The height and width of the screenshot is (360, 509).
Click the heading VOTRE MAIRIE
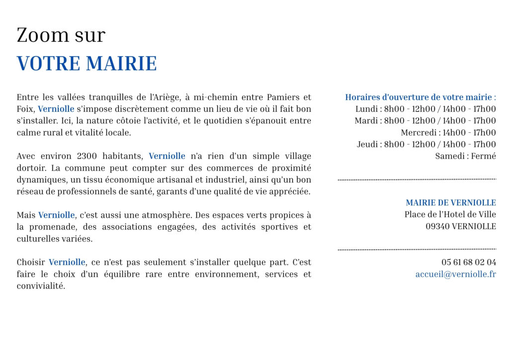86,64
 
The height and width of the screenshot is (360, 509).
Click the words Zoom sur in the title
61,35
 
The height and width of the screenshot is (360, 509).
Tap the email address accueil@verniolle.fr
455,274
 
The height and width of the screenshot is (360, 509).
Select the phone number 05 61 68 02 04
468,262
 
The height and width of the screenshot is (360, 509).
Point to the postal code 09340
437,226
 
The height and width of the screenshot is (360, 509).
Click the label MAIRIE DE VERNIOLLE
450,203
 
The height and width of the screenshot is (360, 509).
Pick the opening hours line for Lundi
425,109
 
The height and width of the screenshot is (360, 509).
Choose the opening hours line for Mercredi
448,132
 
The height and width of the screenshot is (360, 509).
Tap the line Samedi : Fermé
465,156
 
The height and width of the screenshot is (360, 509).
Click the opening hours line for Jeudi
426,144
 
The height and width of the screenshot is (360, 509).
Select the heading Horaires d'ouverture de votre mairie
420,97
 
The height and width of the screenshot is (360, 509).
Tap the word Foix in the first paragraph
25,109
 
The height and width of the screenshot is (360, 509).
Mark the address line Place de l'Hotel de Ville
450,215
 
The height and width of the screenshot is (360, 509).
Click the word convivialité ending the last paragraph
40,286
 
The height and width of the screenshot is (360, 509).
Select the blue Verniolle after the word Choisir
67,262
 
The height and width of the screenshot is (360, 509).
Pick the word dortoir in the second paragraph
31,168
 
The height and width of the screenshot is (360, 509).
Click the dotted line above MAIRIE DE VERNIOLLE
417,179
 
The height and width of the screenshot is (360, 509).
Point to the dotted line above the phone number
417,249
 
